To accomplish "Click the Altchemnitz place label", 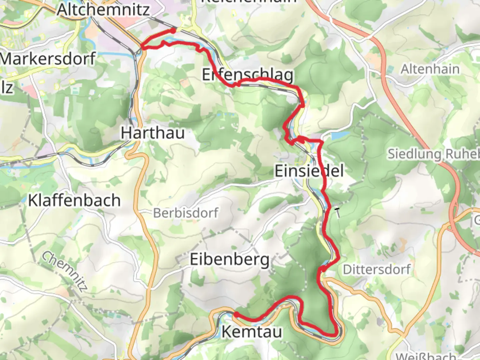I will (103, 9).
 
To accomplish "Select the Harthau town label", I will (153, 133).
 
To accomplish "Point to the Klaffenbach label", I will (74, 200).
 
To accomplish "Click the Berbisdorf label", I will (186, 213).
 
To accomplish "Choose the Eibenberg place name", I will (230, 259).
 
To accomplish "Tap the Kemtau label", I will (252, 332).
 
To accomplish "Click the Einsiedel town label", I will (309, 171).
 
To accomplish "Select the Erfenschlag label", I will (248, 75).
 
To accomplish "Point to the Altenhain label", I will (430, 69).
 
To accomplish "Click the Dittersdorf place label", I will (377, 269).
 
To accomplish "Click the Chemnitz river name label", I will (65, 271).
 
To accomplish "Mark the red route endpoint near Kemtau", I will (236, 314).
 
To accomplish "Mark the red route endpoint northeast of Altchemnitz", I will (173, 31).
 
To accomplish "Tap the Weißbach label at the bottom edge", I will (426, 356).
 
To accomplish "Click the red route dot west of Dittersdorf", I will (322, 269).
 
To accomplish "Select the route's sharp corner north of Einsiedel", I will (322, 142).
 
